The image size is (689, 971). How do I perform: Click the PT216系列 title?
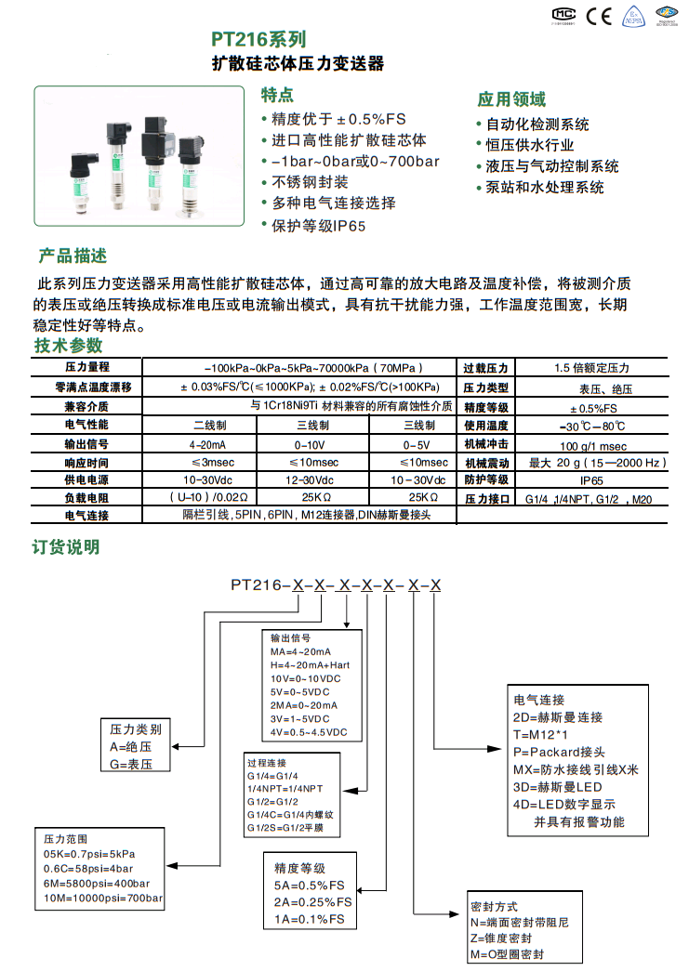coord(258,40)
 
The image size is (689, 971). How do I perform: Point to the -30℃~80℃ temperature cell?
coord(591,426)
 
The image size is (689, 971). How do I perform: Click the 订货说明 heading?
coord(66,546)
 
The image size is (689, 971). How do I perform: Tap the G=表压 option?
coord(131,764)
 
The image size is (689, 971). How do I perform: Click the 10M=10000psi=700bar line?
coord(103,899)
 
